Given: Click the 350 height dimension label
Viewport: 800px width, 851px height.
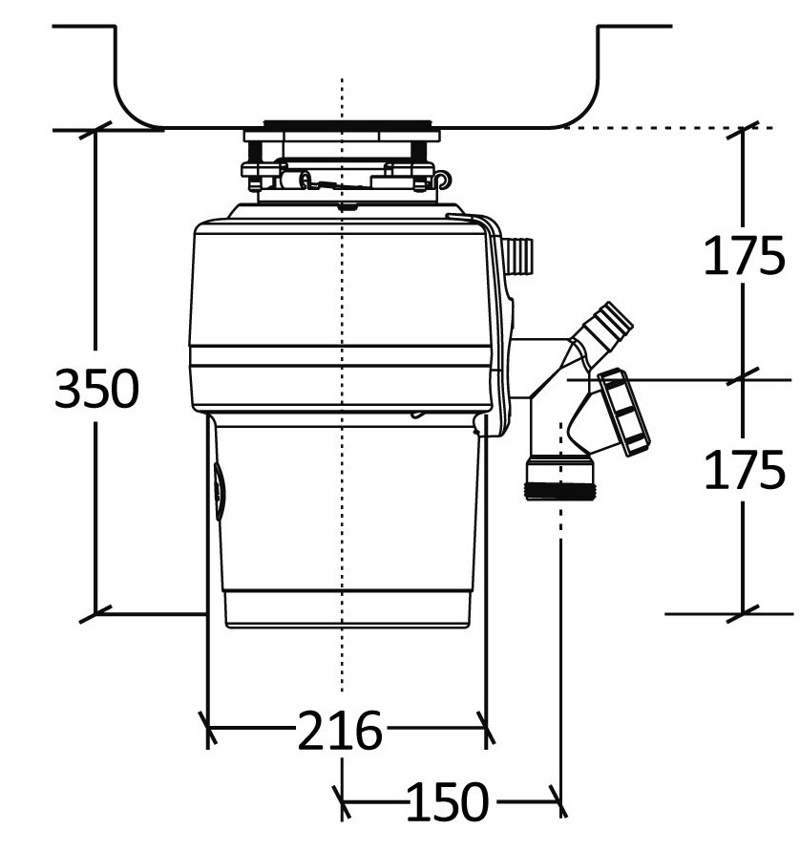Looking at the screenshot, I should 96,389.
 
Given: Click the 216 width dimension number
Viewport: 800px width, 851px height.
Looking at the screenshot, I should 340,733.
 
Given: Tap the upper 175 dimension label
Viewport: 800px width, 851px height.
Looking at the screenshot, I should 745,256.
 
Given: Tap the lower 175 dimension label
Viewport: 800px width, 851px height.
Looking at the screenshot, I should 745,470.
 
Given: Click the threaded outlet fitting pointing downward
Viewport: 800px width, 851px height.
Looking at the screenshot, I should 560,479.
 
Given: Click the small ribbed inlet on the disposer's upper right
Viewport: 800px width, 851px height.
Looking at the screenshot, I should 520,255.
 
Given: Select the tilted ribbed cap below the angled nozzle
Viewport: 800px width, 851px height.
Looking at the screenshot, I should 625,412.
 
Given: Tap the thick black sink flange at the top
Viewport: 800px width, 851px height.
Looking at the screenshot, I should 347,124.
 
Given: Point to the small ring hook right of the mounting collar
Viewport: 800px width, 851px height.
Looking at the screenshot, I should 441,180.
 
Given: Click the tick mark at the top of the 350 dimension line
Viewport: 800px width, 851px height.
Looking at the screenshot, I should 95,130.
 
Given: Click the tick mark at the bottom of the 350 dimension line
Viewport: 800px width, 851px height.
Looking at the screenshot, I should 95,613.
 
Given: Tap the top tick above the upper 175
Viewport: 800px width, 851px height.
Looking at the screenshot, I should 744,129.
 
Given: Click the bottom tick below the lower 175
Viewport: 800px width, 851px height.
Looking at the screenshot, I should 744,612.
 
